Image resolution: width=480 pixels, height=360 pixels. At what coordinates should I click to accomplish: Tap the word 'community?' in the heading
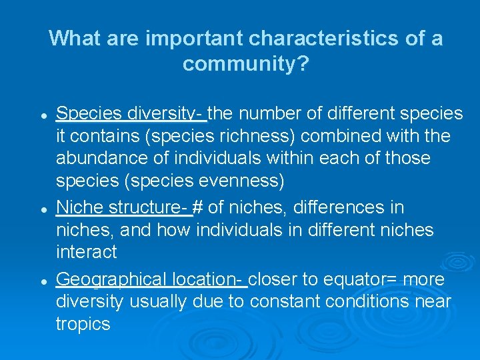(x=245, y=64)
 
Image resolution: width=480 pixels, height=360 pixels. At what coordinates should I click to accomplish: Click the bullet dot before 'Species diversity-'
(x=43, y=116)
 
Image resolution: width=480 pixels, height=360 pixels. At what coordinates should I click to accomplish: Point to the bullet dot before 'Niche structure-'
(x=43, y=209)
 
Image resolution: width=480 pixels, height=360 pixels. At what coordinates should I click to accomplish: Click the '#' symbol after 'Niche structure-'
(x=198, y=208)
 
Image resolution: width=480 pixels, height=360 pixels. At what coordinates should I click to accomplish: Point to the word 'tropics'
(x=83, y=325)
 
